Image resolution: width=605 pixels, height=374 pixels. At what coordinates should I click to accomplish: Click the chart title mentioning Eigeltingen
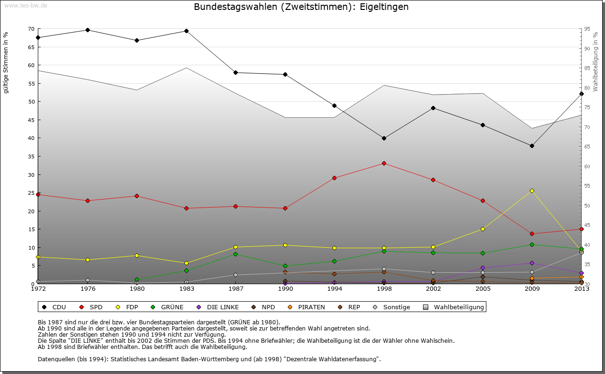click(x=301, y=7)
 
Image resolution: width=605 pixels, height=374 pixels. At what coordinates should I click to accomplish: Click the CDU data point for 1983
click(x=186, y=31)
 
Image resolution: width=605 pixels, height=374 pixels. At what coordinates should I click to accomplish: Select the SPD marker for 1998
click(x=384, y=164)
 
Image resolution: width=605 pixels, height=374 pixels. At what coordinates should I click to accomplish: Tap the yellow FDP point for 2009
click(x=532, y=191)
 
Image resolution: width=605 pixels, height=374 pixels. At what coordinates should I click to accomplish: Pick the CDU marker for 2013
click(x=581, y=94)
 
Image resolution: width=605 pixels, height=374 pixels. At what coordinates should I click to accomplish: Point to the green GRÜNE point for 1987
click(x=235, y=254)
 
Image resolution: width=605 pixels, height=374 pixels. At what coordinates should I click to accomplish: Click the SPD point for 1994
click(x=334, y=178)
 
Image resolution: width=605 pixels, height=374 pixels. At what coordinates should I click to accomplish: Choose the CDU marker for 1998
click(x=384, y=138)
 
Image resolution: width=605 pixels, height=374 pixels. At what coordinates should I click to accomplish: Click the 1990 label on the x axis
click(x=285, y=289)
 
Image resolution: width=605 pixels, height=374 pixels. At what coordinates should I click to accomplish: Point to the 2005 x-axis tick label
click(x=483, y=289)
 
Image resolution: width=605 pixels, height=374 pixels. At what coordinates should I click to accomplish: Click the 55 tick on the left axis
click(x=32, y=83)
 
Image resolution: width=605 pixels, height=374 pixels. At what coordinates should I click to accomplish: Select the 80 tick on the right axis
click(x=587, y=88)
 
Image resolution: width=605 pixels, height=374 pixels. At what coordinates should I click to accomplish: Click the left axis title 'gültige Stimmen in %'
click(x=6, y=62)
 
